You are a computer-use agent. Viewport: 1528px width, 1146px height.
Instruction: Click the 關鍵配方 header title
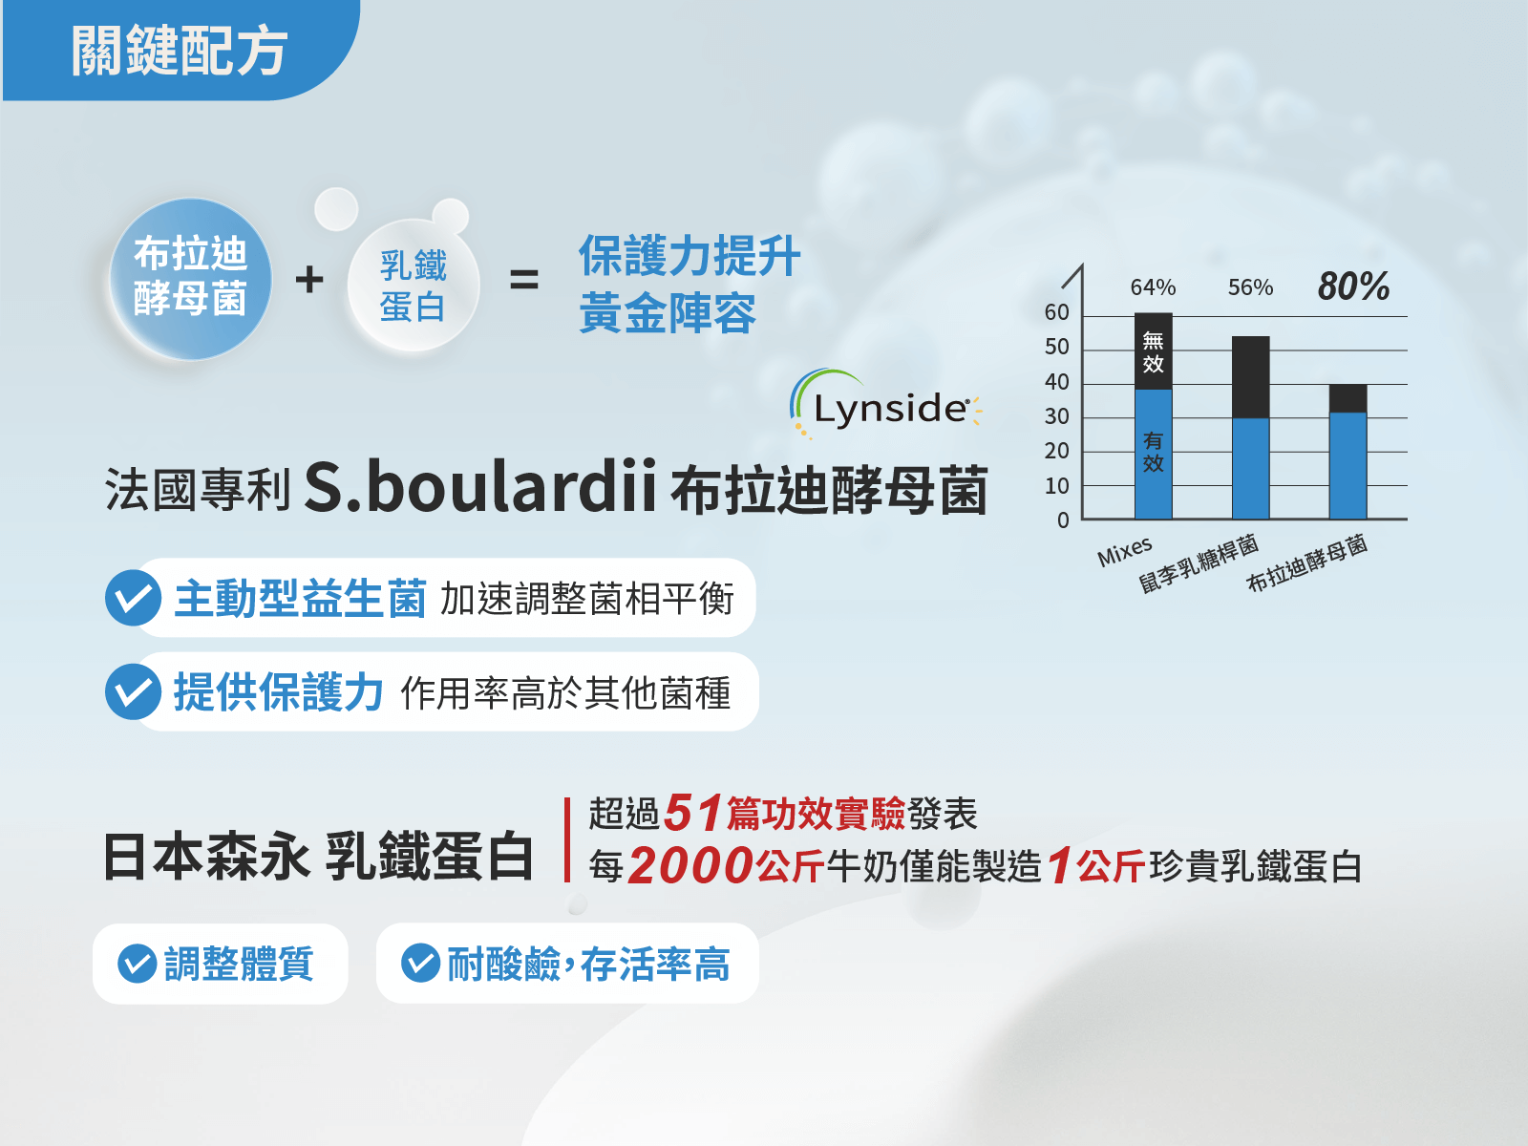click(x=179, y=50)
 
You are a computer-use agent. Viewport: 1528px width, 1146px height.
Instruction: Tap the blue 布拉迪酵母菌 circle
click(x=190, y=279)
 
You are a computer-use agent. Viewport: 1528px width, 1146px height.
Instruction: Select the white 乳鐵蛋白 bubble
click(x=413, y=286)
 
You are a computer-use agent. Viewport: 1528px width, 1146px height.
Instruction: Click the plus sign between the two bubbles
click(x=309, y=280)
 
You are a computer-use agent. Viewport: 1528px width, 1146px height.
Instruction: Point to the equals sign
click(x=523, y=280)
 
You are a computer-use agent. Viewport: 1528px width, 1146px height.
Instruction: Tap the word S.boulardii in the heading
click(x=480, y=487)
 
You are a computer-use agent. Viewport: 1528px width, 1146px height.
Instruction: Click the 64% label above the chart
click(x=1153, y=286)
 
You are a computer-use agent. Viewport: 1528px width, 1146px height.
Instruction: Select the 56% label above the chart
click(x=1250, y=286)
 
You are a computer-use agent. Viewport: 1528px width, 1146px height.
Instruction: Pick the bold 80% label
click(x=1353, y=286)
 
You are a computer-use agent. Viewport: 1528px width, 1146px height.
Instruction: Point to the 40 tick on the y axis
click(x=1056, y=382)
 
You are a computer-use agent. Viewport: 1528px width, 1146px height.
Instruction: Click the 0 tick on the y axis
click(x=1063, y=520)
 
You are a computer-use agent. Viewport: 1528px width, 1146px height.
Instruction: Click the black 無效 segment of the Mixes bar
click(x=1154, y=350)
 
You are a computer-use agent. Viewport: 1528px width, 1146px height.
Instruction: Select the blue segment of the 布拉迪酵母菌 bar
click(x=1348, y=465)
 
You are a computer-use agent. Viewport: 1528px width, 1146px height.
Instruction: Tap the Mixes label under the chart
click(x=1124, y=551)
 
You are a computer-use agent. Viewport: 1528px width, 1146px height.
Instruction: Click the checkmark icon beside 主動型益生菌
click(x=133, y=598)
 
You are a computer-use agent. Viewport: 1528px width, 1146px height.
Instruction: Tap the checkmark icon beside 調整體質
click(x=138, y=964)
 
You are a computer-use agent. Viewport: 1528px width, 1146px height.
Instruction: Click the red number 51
click(x=692, y=813)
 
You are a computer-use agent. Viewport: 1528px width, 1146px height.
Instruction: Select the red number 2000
click(x=690, y=865)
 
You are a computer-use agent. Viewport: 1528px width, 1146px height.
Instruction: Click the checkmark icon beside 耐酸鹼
click(x=420, y=963)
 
